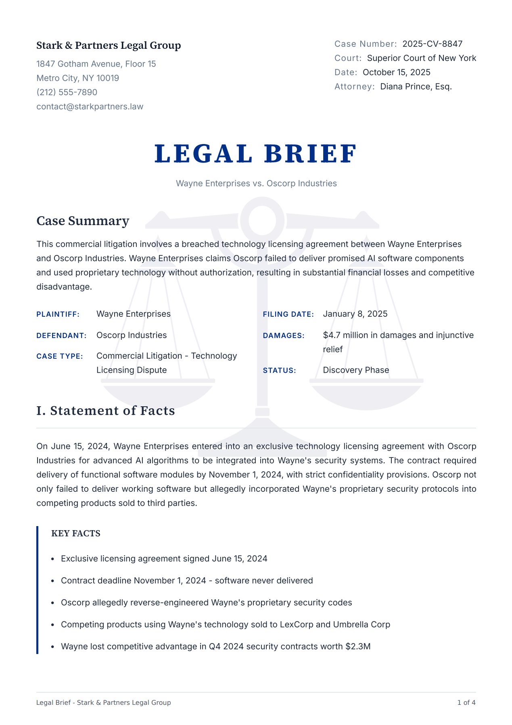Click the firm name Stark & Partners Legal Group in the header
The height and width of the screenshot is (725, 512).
[109, 46]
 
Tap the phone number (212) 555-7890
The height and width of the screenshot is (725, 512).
[67, 92]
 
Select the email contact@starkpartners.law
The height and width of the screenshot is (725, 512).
[90, 107]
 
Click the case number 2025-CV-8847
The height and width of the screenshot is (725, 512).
[432, 44]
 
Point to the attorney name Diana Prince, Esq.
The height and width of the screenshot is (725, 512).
[416, 86]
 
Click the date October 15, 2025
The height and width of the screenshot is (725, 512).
[396, 72]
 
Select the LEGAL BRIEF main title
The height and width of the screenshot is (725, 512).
[256, 154]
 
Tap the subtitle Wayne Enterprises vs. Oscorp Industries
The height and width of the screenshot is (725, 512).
[256, 184]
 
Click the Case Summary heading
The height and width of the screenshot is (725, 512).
[83, 221]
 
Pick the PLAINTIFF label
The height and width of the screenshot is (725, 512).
[58, 314]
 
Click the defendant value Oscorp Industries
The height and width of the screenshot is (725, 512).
[132, 335]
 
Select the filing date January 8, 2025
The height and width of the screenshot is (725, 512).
[355, 314]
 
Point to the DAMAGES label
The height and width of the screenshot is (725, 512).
[284, 336]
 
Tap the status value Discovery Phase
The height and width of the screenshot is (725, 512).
[356, 370]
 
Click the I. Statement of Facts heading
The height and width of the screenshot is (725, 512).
[106, 411]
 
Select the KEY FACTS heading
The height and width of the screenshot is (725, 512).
[76, 533]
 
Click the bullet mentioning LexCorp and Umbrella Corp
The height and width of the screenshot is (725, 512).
[225, 625]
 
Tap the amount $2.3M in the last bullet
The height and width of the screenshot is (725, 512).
[358, 647]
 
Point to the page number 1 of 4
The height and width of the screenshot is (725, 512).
[466, 702]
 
